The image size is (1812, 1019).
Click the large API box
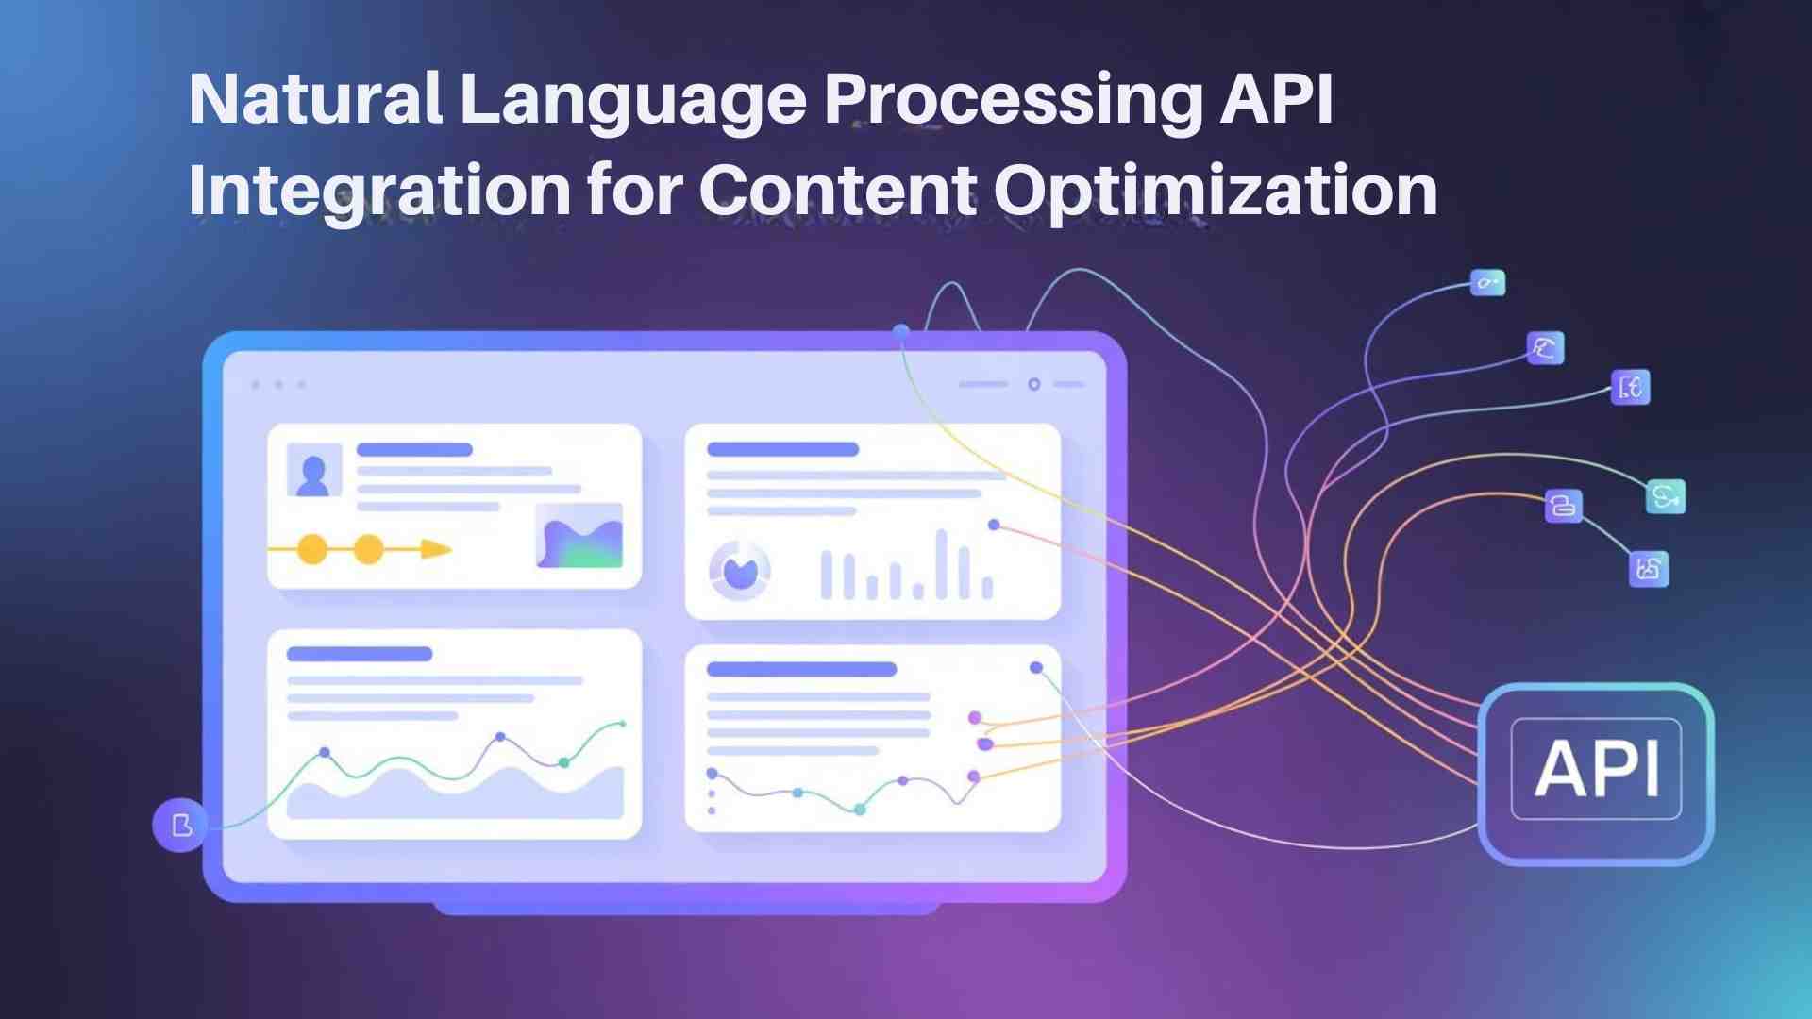[1596, 774]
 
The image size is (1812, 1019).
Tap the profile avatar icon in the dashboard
[313, 471]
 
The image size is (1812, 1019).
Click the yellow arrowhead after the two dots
[435, 548]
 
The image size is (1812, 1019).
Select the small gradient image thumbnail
[579, 535]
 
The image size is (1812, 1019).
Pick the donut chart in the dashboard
[739, 570]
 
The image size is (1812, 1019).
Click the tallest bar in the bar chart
[941, 564]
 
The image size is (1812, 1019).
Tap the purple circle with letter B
[180, 825]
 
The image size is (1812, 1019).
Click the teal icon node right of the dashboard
[1666, 496]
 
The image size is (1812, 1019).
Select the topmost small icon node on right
[1488, 282]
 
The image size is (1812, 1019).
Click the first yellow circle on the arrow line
[312, 548]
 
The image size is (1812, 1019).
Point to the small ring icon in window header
[1034, 384]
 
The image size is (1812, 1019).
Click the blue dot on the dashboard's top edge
[901, 332]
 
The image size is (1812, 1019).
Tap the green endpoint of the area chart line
[623, 724]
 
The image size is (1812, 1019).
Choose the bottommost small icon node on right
[1649, 568]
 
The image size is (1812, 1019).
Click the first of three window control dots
[257, 385]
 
